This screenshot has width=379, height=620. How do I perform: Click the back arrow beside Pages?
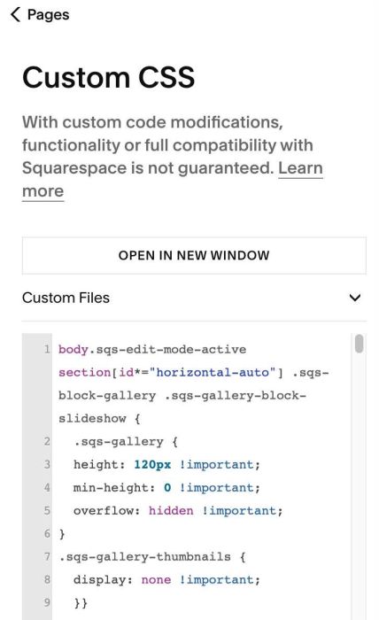coord(15,15)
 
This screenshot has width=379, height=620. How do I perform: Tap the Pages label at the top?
coord(48,15)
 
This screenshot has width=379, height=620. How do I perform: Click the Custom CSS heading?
coord(108,77)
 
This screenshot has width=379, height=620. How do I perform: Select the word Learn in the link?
coord(300,168)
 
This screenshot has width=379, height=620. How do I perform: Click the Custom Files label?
coord(66,298)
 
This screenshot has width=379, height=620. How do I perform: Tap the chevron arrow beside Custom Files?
coord(355,298)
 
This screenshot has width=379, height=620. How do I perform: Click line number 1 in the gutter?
coord(47,350)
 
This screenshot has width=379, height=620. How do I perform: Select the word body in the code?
coord(73,350)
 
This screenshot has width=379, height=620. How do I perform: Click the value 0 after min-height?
coord(167,487)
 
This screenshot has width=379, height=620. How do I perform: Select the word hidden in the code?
coord(171,510)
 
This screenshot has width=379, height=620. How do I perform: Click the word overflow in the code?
coord(107,510)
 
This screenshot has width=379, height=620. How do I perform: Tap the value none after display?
coord(156,579)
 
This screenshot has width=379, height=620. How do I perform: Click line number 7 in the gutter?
coord(47,557)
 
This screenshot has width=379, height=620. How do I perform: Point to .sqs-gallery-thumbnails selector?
coord(144,557)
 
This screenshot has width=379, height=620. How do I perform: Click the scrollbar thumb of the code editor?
coord(359,344)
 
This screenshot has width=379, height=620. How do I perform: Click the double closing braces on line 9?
coord(81,603)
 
